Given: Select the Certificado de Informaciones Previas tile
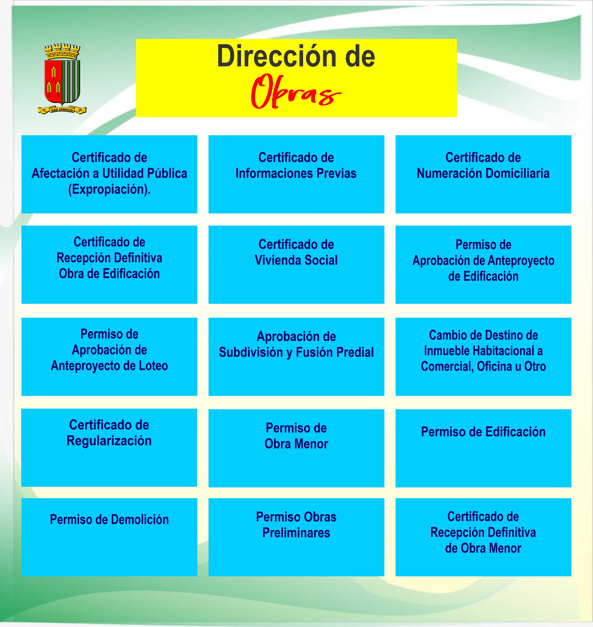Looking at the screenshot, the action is (296, 174).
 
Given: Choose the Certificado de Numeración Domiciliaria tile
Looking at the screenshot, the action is (483, 174).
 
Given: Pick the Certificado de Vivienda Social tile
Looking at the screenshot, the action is (296, 265).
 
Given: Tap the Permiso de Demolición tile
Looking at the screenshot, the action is (109, 537).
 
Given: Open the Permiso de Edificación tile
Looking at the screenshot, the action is (483, 448).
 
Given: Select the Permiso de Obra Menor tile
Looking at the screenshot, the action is (296, 448).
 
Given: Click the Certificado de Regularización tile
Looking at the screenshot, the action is (109, 447).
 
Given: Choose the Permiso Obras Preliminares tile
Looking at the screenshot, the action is (296, 537).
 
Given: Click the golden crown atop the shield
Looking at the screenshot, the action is (62, 52).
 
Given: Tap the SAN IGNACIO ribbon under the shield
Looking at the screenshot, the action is (62, 110).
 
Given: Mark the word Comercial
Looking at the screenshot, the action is (447, 367).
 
